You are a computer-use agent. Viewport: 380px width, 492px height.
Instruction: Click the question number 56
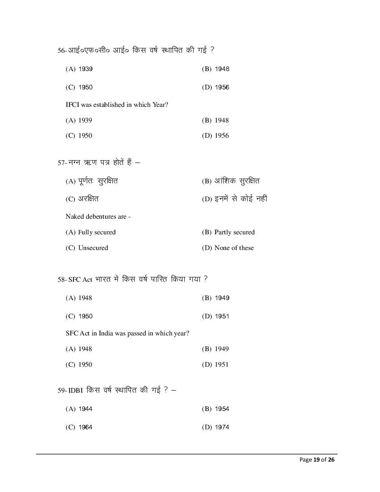pos(61,51)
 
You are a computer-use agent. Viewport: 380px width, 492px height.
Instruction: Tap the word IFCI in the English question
pos(72,105)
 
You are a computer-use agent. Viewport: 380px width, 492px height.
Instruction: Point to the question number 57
pos(61,163)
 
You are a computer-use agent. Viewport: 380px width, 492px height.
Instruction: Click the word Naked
pos(74,216)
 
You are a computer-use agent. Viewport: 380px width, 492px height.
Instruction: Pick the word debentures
pos(101,216)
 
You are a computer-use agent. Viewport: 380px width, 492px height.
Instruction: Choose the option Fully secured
pos(97,232)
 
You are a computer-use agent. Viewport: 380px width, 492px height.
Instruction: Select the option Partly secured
pos(234,232)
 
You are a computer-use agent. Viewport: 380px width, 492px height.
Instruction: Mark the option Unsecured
pos(93,248)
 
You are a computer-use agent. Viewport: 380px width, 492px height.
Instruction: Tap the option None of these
pos(234,248)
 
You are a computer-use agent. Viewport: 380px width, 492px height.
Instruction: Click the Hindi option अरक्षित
pos(89,199)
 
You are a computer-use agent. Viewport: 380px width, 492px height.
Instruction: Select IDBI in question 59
pos(75,390)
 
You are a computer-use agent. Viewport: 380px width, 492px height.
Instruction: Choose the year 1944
pos(85,409)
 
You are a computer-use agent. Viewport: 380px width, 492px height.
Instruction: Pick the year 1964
pos(85,427)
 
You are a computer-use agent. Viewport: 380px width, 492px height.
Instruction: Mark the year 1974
pos(222,427)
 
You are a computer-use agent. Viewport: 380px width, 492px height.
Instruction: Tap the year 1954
pos(222,409)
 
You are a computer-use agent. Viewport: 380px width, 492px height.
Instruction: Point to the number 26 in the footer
pos(331,460)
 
